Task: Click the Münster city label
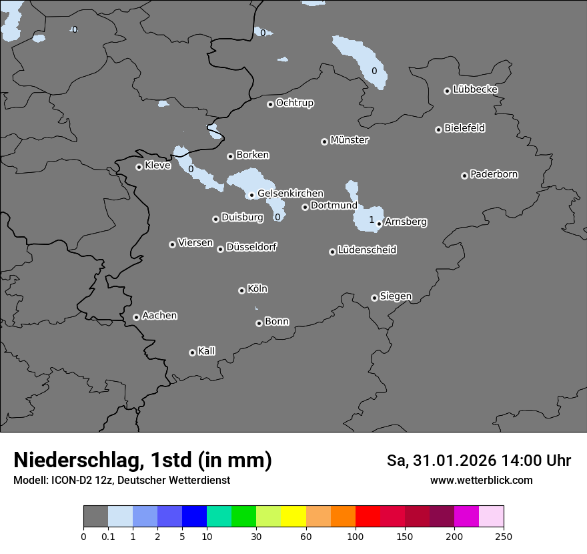350,140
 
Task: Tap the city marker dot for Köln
241,290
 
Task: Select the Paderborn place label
494,174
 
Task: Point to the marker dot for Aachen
136,317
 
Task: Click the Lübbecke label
475,89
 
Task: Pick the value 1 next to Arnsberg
372,220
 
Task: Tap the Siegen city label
396,296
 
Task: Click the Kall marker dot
192,352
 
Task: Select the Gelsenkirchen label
290,194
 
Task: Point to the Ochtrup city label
294,103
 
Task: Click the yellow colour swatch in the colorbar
293,517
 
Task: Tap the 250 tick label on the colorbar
504,536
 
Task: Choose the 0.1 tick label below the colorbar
108,536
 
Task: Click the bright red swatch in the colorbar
368,517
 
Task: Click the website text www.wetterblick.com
481,481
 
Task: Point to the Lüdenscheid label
367,250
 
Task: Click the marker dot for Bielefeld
438,129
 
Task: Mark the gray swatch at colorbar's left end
95,517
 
